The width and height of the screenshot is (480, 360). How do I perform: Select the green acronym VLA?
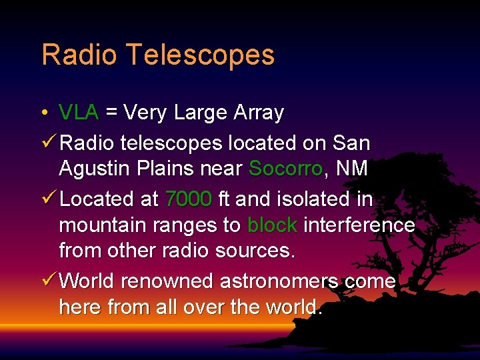pyautogui.click(x=79, y=113)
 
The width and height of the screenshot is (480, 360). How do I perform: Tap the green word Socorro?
pyautogui.click(x=285, y=169)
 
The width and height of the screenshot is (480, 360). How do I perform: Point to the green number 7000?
pyautogui.click(x=189, y=199)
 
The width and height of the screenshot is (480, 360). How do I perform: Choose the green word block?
pyautogui.click(x=272, y=225)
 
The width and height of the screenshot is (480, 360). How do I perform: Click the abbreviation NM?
pyautogui.click(x=352, y=169)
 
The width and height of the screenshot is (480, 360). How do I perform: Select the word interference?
pyautogui.click(x=359, y=225)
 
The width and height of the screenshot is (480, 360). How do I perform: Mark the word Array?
pyautogui.click(x=259, y=113)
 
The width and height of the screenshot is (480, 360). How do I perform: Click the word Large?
pyautogui.click(x=201, y=113)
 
